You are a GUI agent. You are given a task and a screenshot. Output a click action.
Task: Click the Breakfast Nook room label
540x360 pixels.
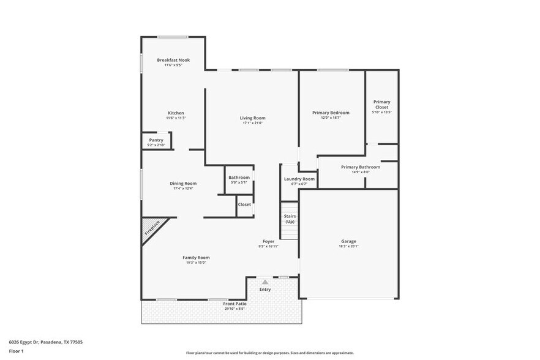[173, 60]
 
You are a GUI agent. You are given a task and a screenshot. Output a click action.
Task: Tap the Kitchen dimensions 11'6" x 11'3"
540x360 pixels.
[176, 118]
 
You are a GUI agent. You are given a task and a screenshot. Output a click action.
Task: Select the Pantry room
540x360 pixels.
[156, 141]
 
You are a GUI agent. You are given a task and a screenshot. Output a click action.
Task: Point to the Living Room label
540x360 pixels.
[252, 118]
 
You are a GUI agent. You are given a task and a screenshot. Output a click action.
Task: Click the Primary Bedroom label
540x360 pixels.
[331, 113]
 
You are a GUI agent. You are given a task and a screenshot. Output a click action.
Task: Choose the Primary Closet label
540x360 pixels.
[381, 105]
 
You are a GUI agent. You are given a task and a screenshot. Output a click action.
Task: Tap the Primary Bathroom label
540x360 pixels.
[361, 167]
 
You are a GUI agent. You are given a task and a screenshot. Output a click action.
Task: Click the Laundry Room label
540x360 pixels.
[299, 179]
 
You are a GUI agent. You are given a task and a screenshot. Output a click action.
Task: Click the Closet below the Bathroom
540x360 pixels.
[244, 204]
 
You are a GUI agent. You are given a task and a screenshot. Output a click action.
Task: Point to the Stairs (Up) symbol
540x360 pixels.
[290, 219]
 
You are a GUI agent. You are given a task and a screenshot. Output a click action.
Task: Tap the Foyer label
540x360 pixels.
[268, 241]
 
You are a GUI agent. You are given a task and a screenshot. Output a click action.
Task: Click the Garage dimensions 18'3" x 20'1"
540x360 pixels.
[348, 246]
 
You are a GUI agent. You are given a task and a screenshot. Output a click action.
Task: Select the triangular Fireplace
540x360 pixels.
[151, 229]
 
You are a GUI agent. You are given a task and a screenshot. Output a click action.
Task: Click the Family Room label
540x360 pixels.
[196, 258]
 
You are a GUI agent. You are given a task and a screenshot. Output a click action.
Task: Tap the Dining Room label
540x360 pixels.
[183, 183]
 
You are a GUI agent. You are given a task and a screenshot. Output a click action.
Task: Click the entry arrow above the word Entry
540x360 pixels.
[265, 282]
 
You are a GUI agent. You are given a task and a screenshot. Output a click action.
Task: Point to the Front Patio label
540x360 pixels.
[234, 304]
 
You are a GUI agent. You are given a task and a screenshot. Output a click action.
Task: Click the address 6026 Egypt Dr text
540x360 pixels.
[46, 342]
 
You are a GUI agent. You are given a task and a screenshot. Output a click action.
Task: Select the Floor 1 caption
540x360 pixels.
[17, 351]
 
